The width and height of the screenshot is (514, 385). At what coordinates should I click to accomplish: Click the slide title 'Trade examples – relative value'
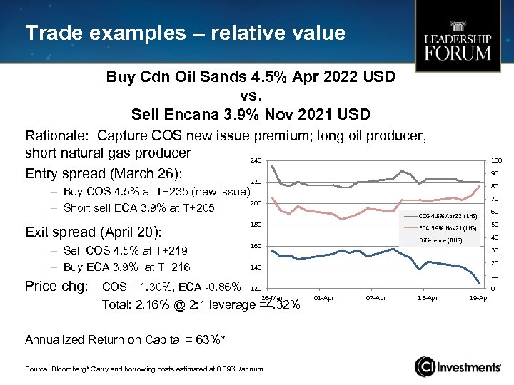pyautogui.click(x=185, y=33)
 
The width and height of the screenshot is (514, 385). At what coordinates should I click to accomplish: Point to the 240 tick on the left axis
pyautogui.click(x=255, y=161)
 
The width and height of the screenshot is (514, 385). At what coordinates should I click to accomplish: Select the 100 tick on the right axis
pyautogui.click(x=495, y=161)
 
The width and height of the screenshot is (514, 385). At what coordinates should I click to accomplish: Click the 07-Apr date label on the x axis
pyautogui.click(x=376, y=297)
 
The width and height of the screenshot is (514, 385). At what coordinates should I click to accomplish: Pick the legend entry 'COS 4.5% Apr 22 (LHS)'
pyautogui.click(x=447, y=215)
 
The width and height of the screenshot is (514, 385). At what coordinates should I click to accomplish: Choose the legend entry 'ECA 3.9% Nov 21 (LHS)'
pyautogui.click(x=447, y=228)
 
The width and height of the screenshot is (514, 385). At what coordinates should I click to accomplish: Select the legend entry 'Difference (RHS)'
pyautogui.click(x=440, y=240)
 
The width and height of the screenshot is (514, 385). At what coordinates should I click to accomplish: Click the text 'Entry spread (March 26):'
pyautogui.click(x=103, y=174)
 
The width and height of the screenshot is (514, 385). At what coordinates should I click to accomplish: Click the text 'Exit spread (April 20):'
pyautogui.click(x=93, y=232)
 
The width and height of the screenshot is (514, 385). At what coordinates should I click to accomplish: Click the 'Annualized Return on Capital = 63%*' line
pyautogui.click(x=126, y=339)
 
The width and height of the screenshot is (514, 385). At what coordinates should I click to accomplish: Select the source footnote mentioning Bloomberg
pyautogui.click(x=143, y=368)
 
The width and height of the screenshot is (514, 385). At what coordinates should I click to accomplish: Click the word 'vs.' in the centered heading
pyautogui.click(x=250, y=94)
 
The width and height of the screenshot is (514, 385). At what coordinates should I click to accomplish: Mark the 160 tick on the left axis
pyautogui.click(x=255, y=246)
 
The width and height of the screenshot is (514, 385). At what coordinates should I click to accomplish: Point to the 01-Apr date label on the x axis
pyautogui.click(x=323, y=297)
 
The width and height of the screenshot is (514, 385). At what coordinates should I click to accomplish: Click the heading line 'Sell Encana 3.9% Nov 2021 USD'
pyautogui.click(x=250, y=113)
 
